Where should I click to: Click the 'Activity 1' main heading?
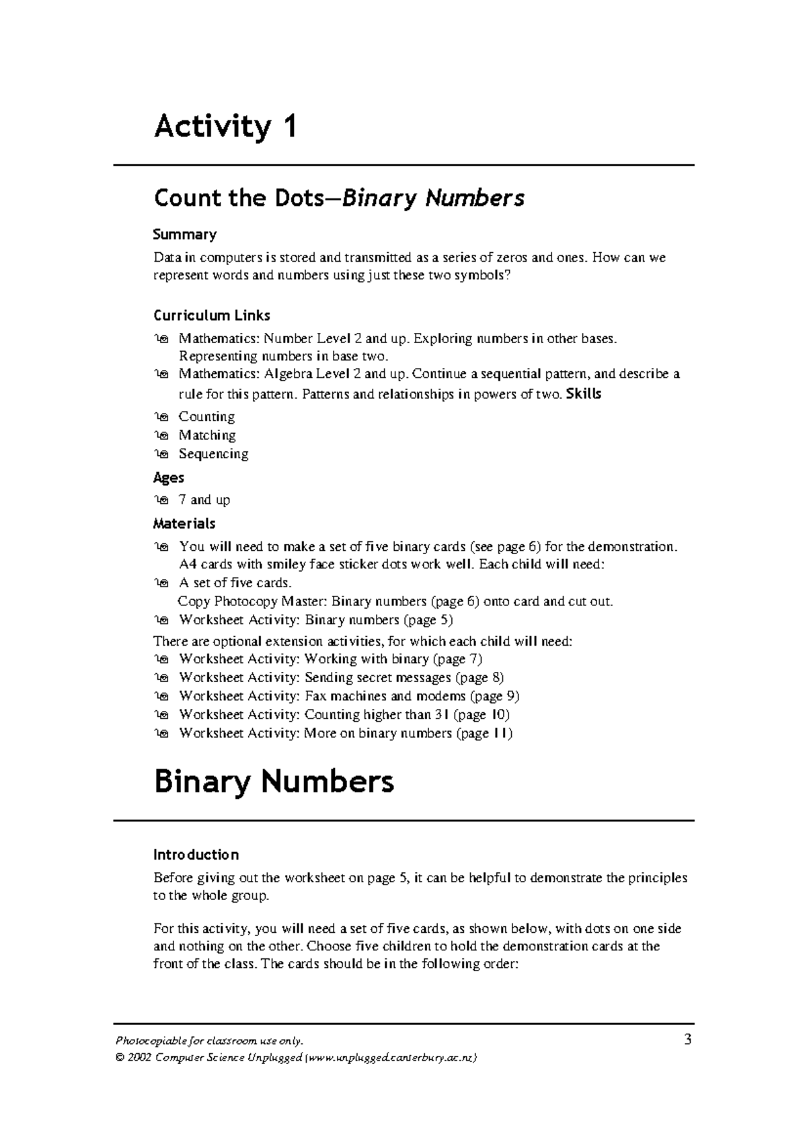[x=225, y=127]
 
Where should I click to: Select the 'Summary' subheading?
[x=184, y=235]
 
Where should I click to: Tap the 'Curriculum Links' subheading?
[x=211, y=315]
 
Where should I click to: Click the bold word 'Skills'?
[x=584, y=394]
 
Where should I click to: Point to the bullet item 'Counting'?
[x=206, y=417]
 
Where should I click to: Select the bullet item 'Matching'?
[x=206, y=435]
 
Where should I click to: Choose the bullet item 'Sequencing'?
[x=213, y=454]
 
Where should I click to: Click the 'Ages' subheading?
[x=168, y=478]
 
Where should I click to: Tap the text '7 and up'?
[x=204, y=500]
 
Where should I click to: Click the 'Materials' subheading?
[x=184, y=523]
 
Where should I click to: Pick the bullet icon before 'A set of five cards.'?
[x=161, y=583]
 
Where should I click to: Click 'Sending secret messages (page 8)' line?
[x=341, y=678]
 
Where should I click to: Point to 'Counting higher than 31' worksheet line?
[x=344, y=715]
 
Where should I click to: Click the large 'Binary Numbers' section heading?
[x=274, y=782]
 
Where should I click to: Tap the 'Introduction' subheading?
[x=196, y=855]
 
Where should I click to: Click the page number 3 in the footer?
[x=687, y=1040]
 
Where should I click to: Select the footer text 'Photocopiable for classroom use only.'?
[x=209, y=1041]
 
